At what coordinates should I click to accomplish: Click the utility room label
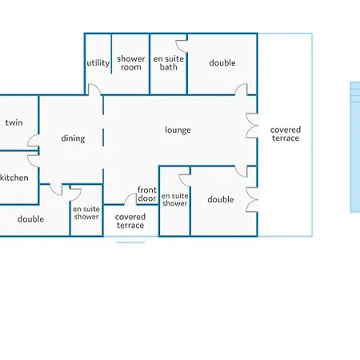pos(98,63)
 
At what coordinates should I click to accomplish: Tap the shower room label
pos(131,62)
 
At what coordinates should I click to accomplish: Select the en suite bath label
pos(169,62)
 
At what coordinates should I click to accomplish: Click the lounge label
pos(178,130)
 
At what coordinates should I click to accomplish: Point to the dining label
pos(73,138)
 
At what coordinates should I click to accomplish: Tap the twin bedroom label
pos(14,122)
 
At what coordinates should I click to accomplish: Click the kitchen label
pos(14,178)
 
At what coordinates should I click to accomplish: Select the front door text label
pos(147,194)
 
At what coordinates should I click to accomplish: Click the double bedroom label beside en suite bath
pos(222,63)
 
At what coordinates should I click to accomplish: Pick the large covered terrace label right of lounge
pos(286,134)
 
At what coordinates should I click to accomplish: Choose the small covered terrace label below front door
pos(130,221)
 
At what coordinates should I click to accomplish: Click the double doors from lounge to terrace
pos(252,126)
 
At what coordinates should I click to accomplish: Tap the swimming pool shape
pos(355,147)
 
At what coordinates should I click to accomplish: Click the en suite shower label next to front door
pos(175,199)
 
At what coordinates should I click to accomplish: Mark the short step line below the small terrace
pos(130,242)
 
